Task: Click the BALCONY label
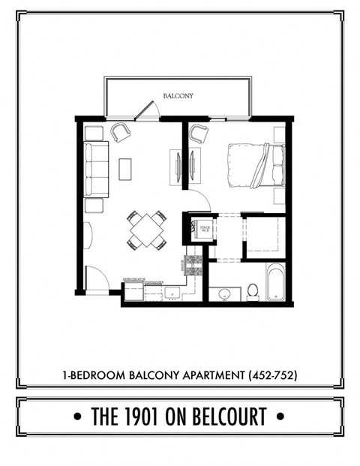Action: [178, 96]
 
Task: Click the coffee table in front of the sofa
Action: [124, 169]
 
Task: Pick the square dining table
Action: [146, 230]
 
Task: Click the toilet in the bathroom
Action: [253, 290]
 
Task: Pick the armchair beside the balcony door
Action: [120, 133]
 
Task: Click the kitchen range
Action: [192, 264]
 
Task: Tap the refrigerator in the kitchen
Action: [133, 290]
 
